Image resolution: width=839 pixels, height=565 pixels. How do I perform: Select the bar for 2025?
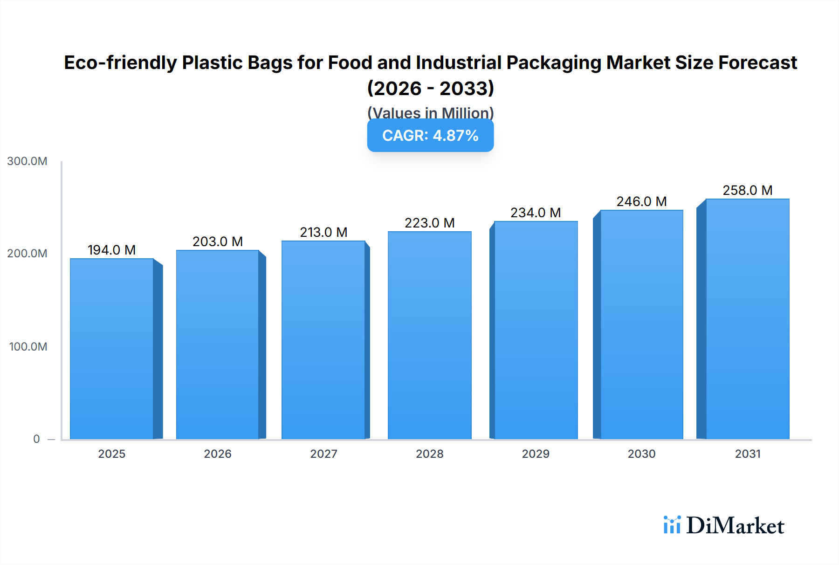(x=112, y=349)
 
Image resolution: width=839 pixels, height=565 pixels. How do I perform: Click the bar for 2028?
(x=429, y=335)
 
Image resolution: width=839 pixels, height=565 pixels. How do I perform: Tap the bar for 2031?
(x=747, y=319)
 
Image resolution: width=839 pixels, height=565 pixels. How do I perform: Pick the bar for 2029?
(x=536, y=330)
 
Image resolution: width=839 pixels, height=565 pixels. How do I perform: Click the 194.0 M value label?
(x=112, y=250)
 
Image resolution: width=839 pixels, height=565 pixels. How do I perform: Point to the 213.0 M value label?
(x=323, y=232)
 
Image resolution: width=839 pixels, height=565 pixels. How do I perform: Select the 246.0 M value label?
(x=641, y=201)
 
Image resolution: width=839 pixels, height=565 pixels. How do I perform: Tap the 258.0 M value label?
(x=747, y=190)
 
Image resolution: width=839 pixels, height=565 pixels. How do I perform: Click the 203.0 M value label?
(x=218, y=241)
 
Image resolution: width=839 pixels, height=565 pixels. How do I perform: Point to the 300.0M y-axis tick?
(x=27, y=161)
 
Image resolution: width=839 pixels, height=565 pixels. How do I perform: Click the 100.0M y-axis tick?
(x=28, y=347)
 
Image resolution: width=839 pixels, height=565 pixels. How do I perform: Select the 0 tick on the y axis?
(x=36, y=439)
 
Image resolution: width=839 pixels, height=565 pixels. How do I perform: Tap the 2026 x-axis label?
(x=218, y=454)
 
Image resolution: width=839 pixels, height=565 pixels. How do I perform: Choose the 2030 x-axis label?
(x=641, y=454)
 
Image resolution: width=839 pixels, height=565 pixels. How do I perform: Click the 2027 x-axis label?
(x=323, y=454)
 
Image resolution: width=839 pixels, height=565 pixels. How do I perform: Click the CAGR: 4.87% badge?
(x=430, y=136)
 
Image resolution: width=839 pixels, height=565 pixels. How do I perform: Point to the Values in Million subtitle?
(x=430, y=112)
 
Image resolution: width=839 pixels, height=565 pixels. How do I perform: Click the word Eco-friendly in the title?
(x=120, y=62)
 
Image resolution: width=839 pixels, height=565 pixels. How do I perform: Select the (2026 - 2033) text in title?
(x=430, y=88)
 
